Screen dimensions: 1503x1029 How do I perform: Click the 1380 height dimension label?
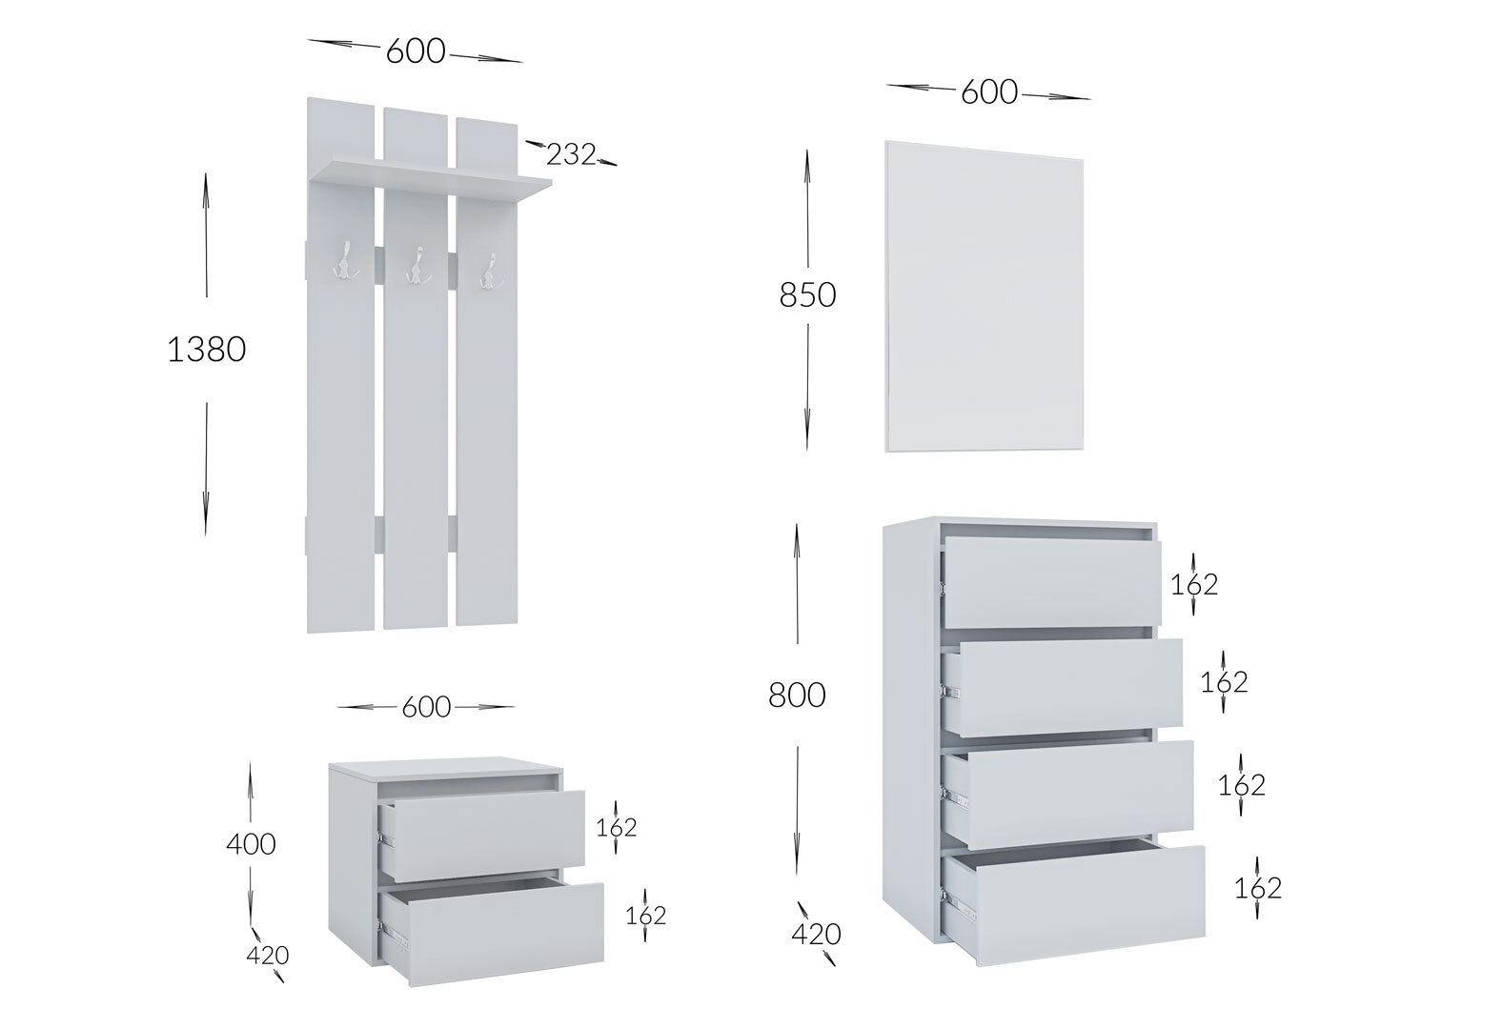pos(206,350)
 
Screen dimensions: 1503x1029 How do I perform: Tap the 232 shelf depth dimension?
pos(571,155)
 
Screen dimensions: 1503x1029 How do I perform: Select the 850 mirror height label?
pos(807,294)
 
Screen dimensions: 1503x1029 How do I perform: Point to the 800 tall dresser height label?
pos(797,695)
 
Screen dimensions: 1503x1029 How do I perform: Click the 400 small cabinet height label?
pos(251,844)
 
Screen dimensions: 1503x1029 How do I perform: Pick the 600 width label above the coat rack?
pos(416,51)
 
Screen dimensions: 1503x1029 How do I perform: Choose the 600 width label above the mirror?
pos(989,91)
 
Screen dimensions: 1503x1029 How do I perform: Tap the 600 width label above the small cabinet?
pos(426,707)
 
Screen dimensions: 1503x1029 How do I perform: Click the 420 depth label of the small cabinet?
pos(267,955)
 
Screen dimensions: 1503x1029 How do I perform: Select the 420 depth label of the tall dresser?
pos(816,934)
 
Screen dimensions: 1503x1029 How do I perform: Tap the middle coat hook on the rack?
pos(418,266)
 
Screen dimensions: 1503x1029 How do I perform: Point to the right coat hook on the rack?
pos(492,272)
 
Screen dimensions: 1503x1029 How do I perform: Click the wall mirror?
pos(984,295)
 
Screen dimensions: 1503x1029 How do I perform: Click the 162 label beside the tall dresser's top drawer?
pos(1193,585)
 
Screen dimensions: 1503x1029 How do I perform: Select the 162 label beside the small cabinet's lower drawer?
pos(645,915)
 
